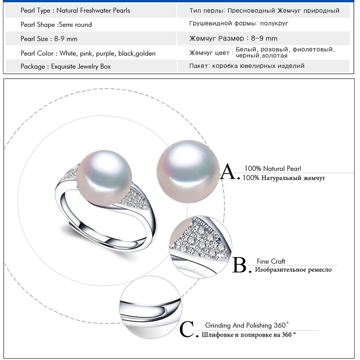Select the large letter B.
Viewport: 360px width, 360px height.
point(240,265)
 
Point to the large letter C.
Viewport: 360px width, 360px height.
point(188,329)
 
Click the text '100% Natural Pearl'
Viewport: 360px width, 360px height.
point(273,169)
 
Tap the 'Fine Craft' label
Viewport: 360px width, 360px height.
point(271,261)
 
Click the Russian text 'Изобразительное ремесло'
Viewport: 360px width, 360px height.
point(293,270)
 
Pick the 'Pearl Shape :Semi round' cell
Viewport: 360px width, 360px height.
point(56,24)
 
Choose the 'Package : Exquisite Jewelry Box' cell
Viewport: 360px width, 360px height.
point(66,66)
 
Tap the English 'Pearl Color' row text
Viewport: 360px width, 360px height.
point(88,53)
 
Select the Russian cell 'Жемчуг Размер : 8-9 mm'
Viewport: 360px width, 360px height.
point(234,39)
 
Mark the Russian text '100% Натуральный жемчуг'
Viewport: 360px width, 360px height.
point(283,178)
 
